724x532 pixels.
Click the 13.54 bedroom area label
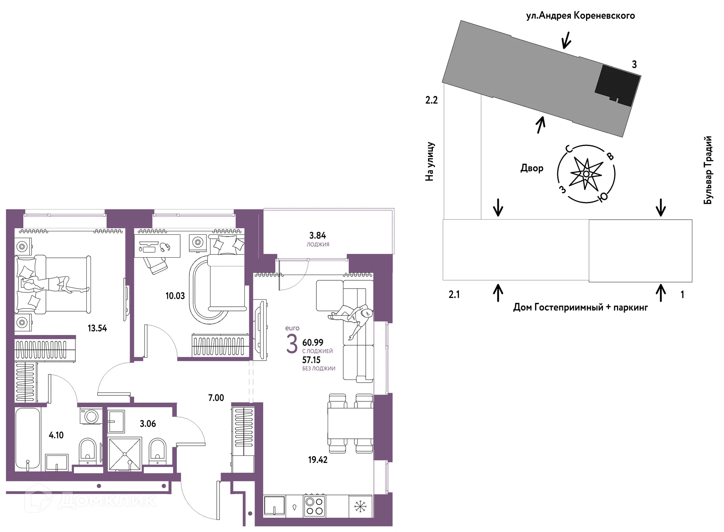[x=97, y=328]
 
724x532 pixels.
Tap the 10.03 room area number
[x=175, y=296]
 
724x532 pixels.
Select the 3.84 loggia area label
[x=318, y=235]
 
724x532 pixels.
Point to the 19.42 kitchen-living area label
[x=318, y=460]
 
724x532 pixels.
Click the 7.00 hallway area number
[x=216, y=398]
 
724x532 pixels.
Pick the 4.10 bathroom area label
[x=56, y=435]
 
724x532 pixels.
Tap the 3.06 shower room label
[x=148, y=424]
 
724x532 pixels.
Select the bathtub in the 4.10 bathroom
[x=28, y=438]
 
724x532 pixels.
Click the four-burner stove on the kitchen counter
[x=314, y=506]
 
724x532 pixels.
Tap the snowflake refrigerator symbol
[x=360, y=506]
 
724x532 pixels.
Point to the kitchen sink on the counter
[x=274, y=506]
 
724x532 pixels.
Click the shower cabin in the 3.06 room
[x=125, y=454]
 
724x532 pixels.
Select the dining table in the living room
[x=350, y=423]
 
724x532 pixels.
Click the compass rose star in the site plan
[x=586, y=174]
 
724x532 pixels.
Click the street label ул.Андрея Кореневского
[x=580, y=16]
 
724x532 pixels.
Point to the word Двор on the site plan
[x=532, y=168]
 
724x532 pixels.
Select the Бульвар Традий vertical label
[x=708, y=170]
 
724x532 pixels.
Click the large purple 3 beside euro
[x=292, y=344]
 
